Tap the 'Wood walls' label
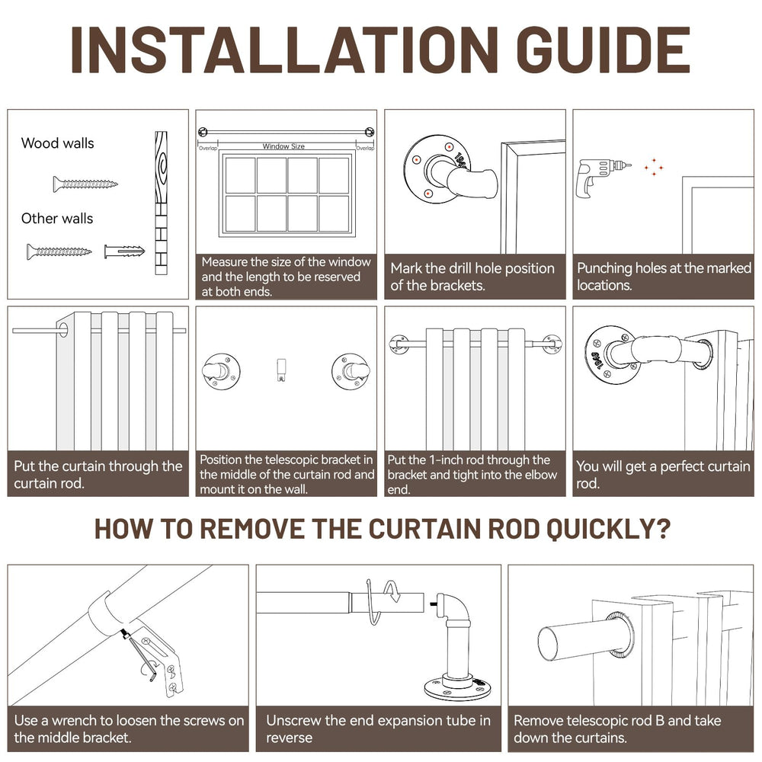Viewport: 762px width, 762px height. [58, 142]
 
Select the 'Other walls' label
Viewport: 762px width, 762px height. [57, 219]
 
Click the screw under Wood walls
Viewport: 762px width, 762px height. [85, 184]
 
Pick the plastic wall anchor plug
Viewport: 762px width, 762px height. [123, 251]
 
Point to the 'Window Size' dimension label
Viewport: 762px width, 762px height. [283, 146]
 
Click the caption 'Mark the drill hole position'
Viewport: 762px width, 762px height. [472, 277]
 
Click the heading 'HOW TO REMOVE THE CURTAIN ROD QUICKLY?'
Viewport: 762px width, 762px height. [382, 529]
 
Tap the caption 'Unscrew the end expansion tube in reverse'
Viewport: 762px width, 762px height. [378, 728]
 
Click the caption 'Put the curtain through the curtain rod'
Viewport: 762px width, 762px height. [98, 474]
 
